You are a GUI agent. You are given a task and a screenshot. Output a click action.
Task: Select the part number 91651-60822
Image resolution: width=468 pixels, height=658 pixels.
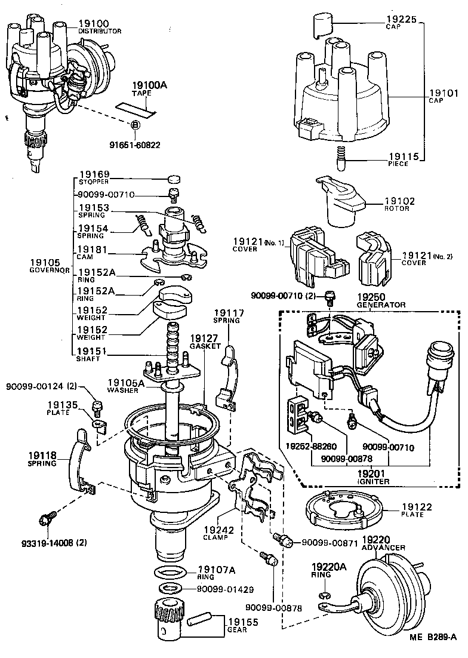(135, 144)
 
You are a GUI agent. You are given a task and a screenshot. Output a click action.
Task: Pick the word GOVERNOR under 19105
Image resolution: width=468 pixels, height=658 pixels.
(50, 269)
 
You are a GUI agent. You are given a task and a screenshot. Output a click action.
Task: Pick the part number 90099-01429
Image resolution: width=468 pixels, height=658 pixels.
(225, 589)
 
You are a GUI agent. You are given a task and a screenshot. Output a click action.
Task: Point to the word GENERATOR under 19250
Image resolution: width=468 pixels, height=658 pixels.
(381, 305)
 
